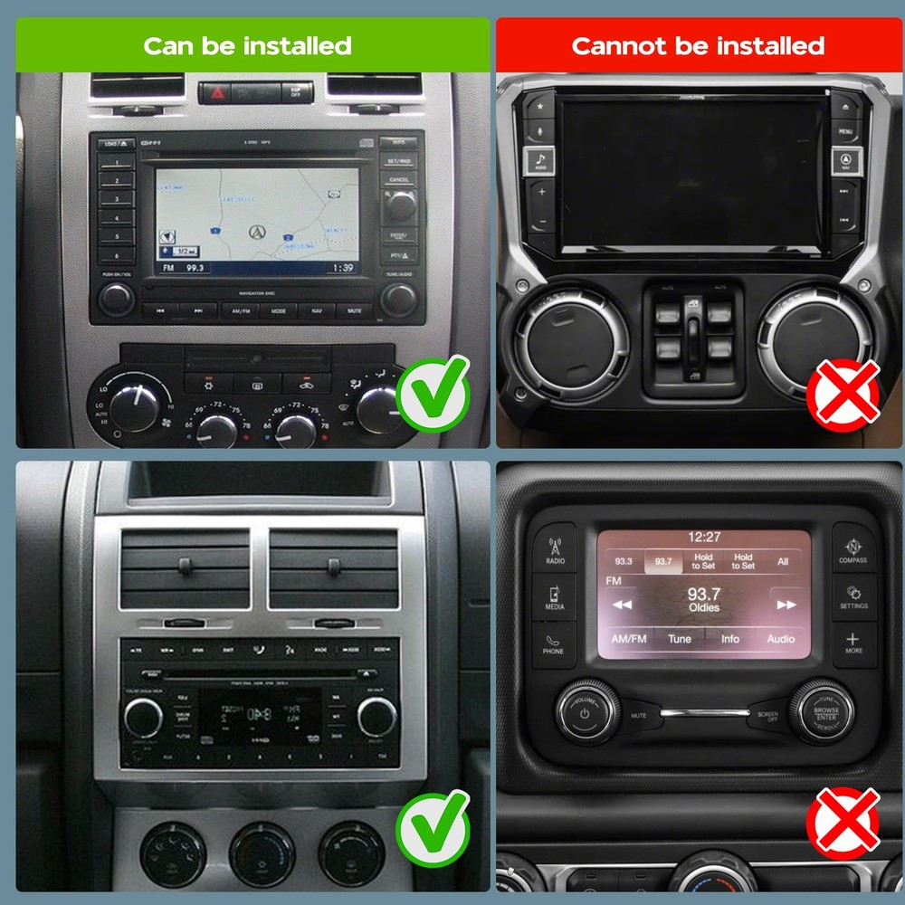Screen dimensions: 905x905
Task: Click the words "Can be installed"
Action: (x=247, y=45)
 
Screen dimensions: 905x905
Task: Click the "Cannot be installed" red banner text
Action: (x=698, y=45)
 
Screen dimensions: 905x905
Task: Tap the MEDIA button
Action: (x=554, y=596)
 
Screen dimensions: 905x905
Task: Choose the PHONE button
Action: (x=553, y=643)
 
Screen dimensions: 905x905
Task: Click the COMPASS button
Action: (x=853, y=549)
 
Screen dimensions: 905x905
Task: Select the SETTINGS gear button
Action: (x=853, y=596)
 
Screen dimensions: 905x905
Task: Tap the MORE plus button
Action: (x=853, y=643)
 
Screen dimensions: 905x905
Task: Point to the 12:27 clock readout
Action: (x=703, y=537)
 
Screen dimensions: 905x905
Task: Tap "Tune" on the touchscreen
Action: (x=680, y=639)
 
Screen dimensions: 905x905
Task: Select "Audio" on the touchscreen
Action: (x=781, y=639)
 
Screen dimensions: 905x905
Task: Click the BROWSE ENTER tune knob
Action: (x=824, y=711)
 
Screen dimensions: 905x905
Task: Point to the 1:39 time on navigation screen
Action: (x=343, y=268)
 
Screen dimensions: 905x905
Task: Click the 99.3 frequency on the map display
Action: (x=196, y=268)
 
